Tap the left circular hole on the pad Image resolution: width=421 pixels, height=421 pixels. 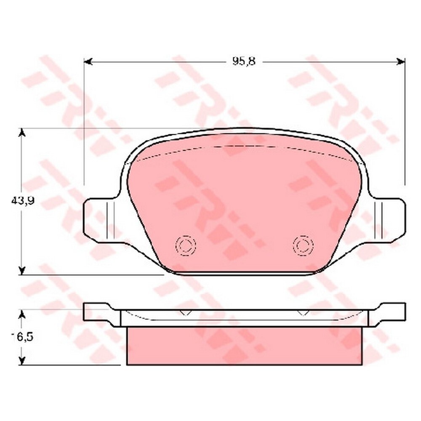coord(186,244)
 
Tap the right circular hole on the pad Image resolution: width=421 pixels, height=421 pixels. coord(303,244)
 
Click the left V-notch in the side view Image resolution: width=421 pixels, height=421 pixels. coord(185,313)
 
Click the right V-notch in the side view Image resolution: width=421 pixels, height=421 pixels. coord(303,313)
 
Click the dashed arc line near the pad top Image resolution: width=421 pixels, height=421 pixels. coord(244,146)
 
